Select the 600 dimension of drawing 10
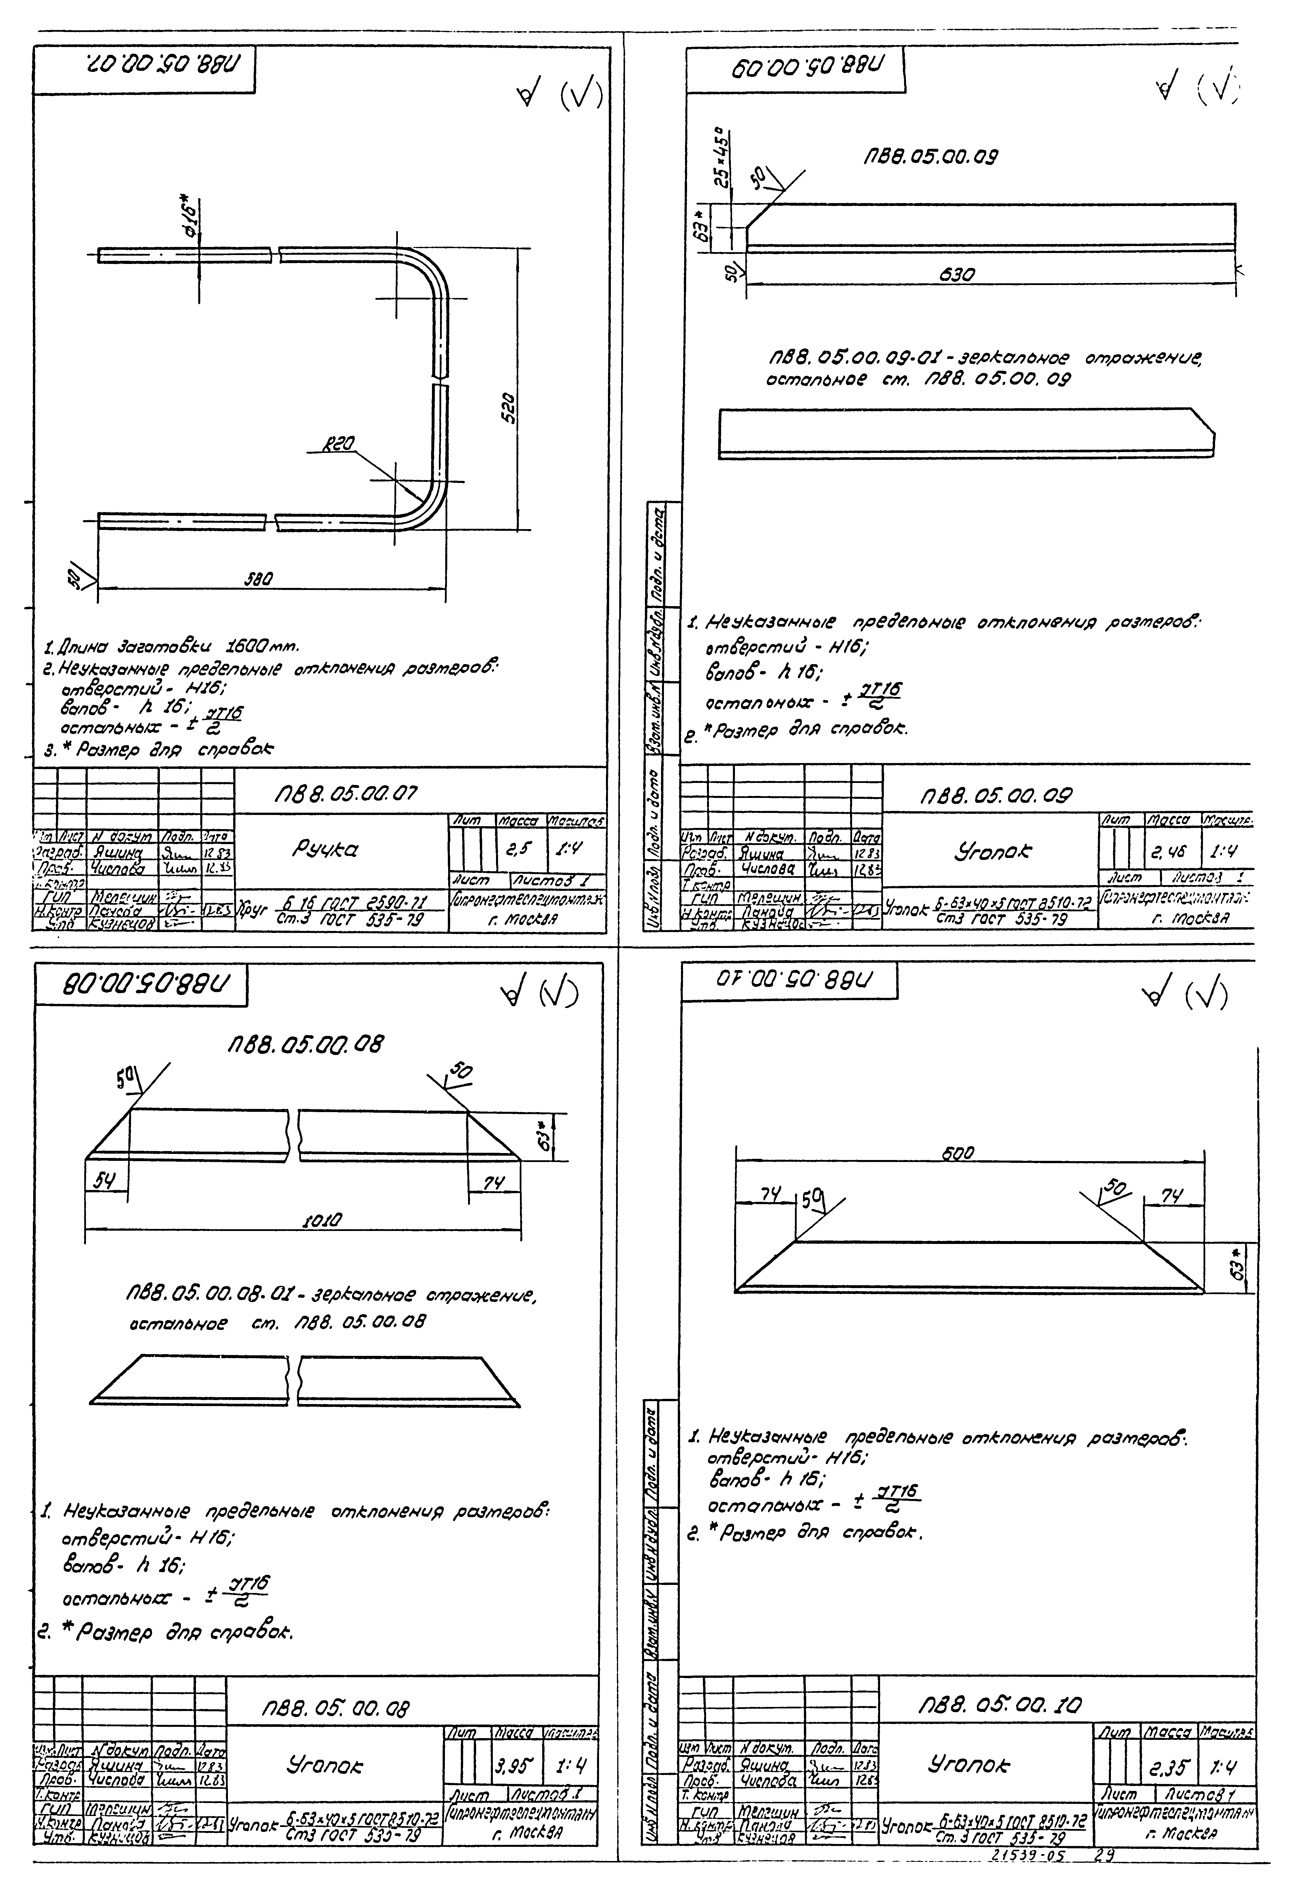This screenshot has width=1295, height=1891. [x=957, y=1154]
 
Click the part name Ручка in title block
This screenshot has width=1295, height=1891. [x=325, y=849]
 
